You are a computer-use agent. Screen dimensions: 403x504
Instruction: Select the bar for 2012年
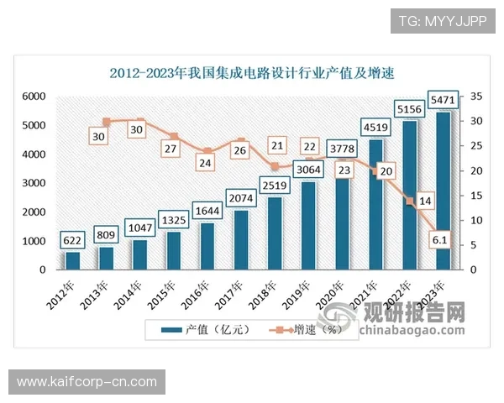click(72, 260)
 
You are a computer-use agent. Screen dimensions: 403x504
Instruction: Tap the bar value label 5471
click(444, 100)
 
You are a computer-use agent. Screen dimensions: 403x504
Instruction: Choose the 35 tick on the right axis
click(475, 97)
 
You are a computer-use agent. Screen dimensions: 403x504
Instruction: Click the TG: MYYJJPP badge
click(442, 20)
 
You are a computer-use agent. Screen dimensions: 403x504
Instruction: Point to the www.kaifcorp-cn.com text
click(87, 382)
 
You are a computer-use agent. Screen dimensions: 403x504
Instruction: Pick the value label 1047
click(139, 227)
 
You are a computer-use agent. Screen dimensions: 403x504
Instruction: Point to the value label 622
click(72, 240)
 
